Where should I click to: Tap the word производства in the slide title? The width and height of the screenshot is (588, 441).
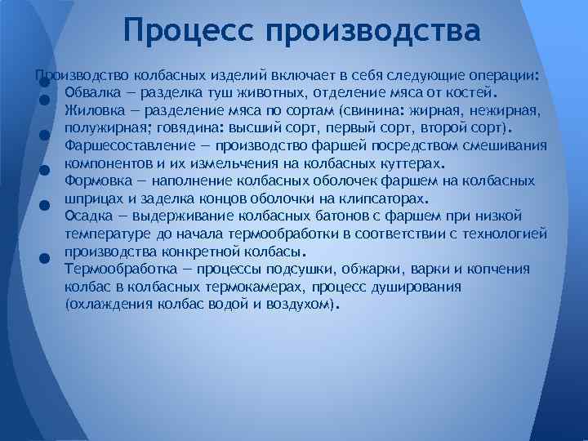tap(372, 33)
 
